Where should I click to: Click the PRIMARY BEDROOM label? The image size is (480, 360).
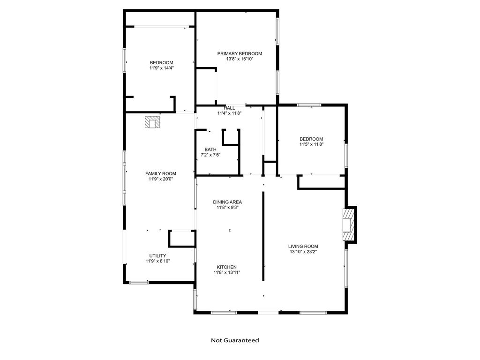tap(240, 53)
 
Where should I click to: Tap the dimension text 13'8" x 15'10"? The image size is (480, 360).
tap(240, 59)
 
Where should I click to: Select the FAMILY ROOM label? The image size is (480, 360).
tap(161, 173)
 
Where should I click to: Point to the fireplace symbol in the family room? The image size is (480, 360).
tap(152, 122)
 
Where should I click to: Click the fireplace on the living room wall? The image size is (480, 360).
tap(348, 225)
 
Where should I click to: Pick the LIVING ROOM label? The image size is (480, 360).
tap(303, 246)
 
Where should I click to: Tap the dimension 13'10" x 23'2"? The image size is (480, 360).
tap(303, 252)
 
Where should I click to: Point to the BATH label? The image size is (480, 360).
tap(210, 150)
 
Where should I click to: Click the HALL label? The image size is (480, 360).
tap(229, 108)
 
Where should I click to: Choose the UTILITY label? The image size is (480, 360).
tap(157, 255)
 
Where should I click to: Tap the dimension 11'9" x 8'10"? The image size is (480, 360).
tap(157, 261)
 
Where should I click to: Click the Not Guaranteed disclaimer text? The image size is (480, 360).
tap(235, 340)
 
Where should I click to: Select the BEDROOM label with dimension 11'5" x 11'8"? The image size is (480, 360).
tap(311, 139)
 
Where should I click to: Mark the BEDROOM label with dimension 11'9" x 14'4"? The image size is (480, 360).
tap(161, 63)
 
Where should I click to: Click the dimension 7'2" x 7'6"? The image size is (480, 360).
tap(210, 155)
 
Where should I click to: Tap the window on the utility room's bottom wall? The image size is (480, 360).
tap(139, 282)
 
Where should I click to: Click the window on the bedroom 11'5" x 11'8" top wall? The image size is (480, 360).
tap(309, 105)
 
